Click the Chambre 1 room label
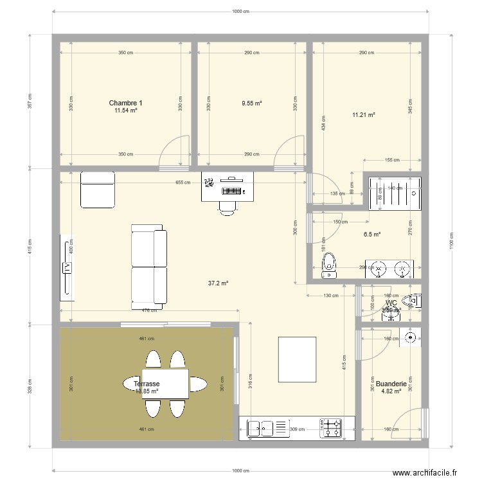(x=125, y=103)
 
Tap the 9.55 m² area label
(x=251, y=103)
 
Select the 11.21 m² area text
(x=363, y=116)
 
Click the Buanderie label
(x=391, y=384)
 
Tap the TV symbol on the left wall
(x=66, y=267)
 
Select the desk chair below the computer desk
(x=227, y=205)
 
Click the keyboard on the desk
(x=232, y=190)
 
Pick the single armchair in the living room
(x=97, y=190)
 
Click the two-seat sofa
(x=148, y=264)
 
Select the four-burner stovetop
(x=332, y=428)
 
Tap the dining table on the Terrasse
(x=165, y=384)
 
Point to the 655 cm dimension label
(x=183, y=183)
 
